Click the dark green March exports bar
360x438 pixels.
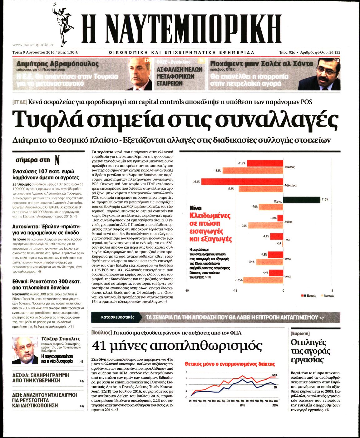pyautogui.click(x=301, y=200)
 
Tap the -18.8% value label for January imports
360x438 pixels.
pyautogui.click(x=217, y=171)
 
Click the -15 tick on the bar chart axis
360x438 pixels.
pyautogui.click(x=234, y=290)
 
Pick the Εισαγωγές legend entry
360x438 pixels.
pyautogui.click(x=329, y=295)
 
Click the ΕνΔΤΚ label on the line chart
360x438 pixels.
pyautogui.click(x=275, y=374)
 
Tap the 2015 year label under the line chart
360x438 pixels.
pyautogui.click(x=243, y=405)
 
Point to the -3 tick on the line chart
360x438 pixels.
pyautogui.click(x=186, y=396)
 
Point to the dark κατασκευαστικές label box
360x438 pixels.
pyautogui.click(x=118, y=317)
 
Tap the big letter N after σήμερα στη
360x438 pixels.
pyautogui.click(x=57, y=160)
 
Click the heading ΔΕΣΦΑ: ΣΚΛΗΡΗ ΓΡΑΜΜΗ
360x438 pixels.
pyautogui.click(x=41, y=375)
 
